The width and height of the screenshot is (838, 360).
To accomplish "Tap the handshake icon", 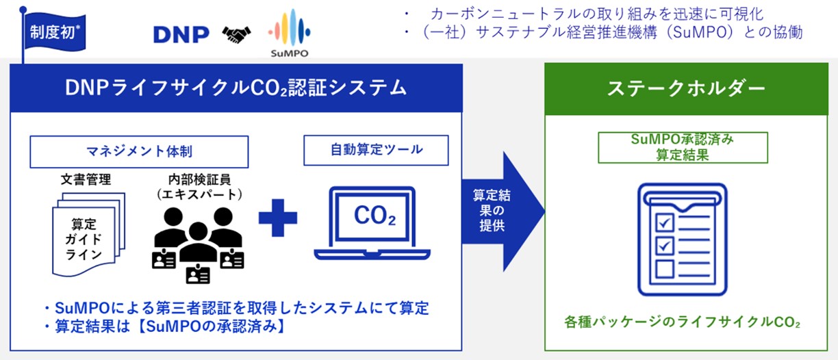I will (236, 34).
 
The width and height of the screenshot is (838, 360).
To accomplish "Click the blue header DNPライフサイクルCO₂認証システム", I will (236, 88).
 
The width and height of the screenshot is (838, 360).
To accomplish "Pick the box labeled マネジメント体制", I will (138, 151).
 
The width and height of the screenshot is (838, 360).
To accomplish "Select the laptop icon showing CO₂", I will (374, 221).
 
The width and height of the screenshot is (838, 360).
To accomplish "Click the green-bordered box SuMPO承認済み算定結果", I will (683, 146).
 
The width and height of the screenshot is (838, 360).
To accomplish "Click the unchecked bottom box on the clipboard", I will (664, 267).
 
